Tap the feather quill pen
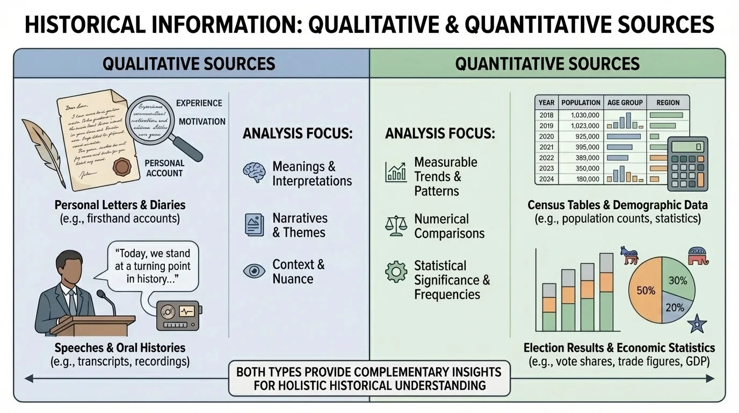[46, 151]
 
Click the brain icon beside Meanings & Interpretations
[254, 173]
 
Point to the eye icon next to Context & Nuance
[254, 271]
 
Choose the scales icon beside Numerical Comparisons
[396, 226]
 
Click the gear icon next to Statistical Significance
[396, 272]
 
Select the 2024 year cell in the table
[546, 179]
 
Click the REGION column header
[668, 102]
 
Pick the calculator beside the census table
[687, 163]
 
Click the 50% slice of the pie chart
[646, 290]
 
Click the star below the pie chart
[697, 323]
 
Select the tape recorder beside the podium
[179, 315]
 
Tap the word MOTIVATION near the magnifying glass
[202, 122]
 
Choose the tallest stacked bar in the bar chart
[606, 292]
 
